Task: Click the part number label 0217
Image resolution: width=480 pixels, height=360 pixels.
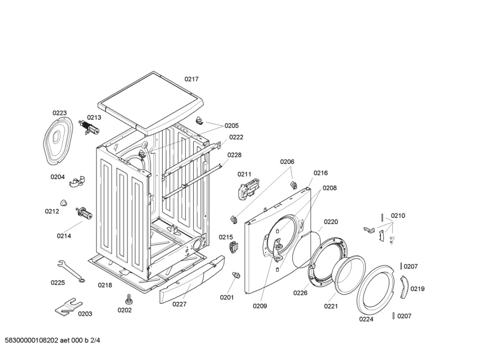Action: click(191, 79)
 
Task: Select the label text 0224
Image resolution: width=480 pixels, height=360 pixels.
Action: click(366, 319)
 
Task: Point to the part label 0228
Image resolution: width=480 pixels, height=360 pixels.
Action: click(235, 155)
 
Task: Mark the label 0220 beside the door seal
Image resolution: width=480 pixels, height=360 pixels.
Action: click(330, 222)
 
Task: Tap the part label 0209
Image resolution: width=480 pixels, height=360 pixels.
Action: click(260, 306)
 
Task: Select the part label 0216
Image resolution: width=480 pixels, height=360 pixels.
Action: click(321, 173)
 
